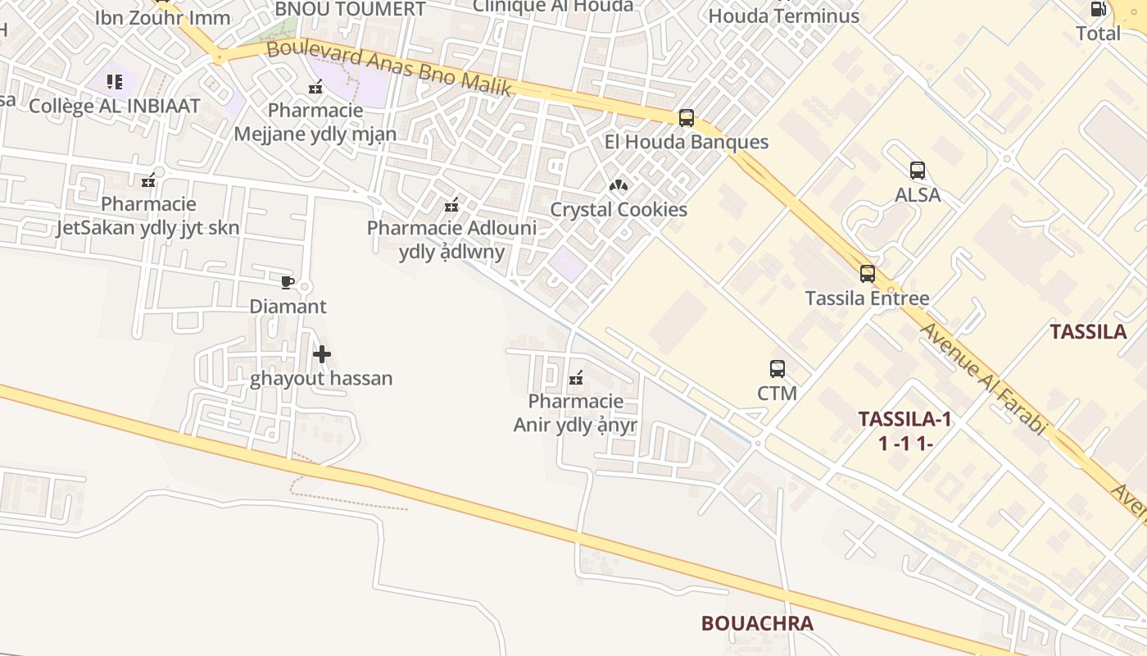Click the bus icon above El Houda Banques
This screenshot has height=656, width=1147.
click(687, 118)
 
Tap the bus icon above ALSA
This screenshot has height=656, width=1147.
click(918, 171)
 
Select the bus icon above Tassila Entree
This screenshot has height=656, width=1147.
click(868, 274)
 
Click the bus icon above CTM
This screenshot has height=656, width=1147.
click(778, 369)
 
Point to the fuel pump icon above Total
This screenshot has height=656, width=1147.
click(1098, 10)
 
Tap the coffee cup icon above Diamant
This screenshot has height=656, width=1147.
click(287, 282)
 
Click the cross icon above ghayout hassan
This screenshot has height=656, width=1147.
click(322, 354)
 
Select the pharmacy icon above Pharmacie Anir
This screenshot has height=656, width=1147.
click(576, 378)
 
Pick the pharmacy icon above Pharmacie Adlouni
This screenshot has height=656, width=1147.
click(451, 204)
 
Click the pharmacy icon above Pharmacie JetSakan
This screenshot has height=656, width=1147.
click(148, 180)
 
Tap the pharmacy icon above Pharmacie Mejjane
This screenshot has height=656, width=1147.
click(315, 86)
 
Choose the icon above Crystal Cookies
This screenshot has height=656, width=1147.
click(619, 185)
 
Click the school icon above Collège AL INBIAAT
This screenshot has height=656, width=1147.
click(115, 82)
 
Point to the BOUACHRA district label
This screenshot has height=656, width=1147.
click(757, 623)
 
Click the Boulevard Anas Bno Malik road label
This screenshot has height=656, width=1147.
click(389, 67)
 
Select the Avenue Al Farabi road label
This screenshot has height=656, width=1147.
click(984, 377)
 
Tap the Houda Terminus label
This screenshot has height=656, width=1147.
click(783, 16)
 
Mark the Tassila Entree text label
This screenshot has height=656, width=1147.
click(867, 298)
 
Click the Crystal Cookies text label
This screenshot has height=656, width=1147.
click(619, 209)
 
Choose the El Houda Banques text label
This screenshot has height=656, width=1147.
click(687, 142)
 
